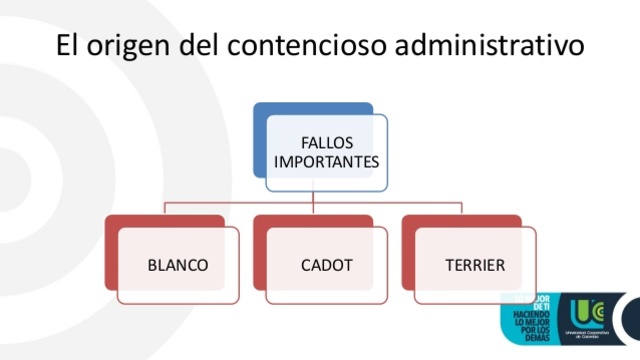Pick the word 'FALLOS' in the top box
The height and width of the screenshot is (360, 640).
pyautogui.click(x=327, y=142)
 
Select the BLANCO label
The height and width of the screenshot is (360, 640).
pyautogui.click(x=178, y=266)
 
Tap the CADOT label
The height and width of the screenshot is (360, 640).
pyautogui.click(x=327, y=266)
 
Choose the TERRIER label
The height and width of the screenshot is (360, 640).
pyautogui.click(x=476, y=266)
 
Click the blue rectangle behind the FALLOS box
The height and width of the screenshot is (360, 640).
pyautogui.click(x=259, y=130)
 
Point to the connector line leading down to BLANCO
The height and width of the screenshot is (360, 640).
pyautogui.click(x=165, y=208)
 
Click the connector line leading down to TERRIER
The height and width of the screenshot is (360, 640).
pyautogui.click(x=462, y=208)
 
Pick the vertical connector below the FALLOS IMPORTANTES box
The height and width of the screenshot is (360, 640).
pyautogui.click(x=313, y=197)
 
